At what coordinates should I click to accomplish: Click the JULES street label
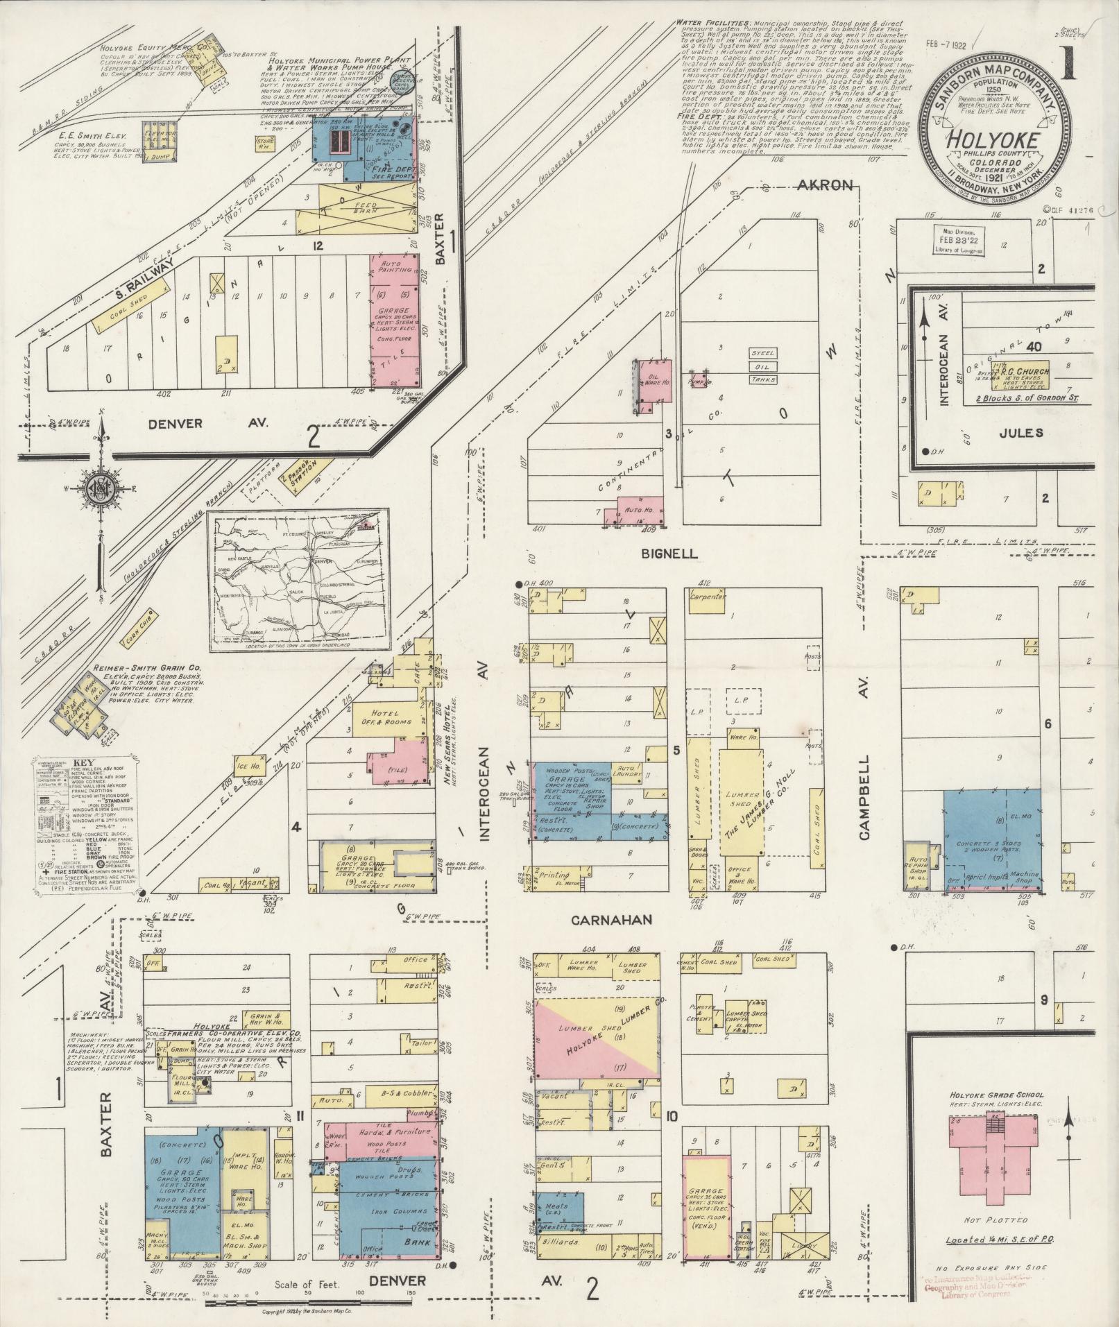(1021, 433)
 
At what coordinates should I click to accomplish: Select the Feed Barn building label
(366, 207)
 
